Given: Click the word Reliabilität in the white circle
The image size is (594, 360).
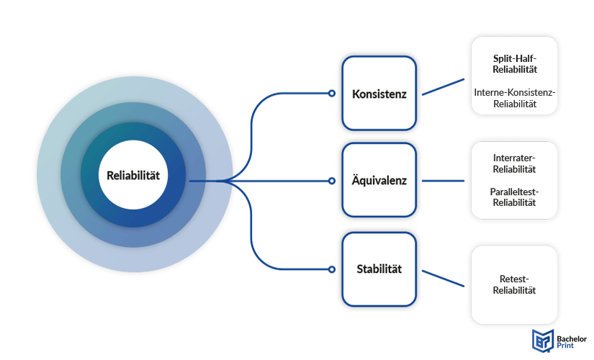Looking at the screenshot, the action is (x=133, y=176).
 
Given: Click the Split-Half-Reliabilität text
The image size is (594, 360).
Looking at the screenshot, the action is (x=515, y=64).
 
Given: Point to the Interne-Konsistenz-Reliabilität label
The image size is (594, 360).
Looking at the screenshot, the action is (x=515, y=98).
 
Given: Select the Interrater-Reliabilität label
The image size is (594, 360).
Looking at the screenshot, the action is (x=514, y=163).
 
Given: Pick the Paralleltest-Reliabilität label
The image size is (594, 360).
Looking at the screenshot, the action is (x=514, y=197).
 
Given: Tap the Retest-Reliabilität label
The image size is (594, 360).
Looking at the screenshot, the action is (x=514, y=284).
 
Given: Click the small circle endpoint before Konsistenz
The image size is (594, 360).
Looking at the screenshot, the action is (x=331, y=93).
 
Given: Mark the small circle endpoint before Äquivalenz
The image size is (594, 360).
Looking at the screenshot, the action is (x=331, y=181).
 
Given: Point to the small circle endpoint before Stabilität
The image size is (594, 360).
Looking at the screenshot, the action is (x=331, y=269).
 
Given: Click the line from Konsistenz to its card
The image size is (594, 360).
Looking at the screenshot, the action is (x=443, y=87).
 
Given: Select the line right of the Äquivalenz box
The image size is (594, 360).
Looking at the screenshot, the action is (x=443, y=181).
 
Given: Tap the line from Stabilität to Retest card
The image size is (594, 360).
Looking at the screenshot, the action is (x=443, y=279).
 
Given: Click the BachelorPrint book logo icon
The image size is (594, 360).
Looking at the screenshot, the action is (x=543, y=341).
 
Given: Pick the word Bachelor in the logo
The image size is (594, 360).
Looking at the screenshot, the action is (x=572, y=339).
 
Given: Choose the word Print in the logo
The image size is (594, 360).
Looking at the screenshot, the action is (x=565, y=346).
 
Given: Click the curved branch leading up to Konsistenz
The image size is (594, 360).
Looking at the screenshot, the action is (x=251, y=125).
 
